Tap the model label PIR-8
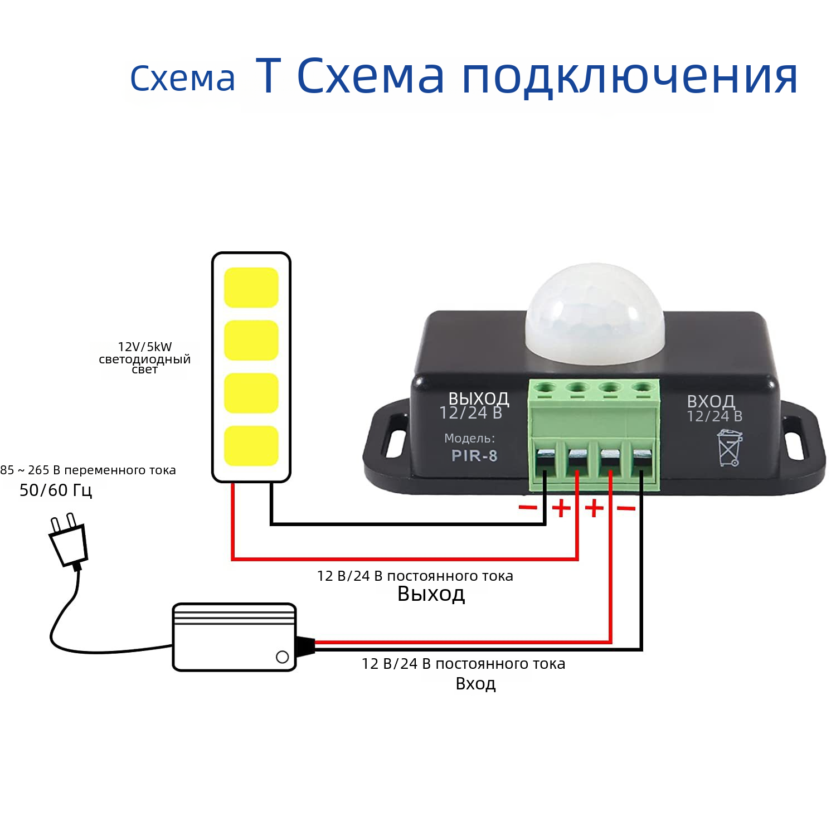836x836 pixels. [474, 456]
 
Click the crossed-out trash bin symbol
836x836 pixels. [730, 448]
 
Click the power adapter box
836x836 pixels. [234, 637]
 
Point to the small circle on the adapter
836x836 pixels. [283, 657]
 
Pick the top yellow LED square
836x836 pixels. [251, 288]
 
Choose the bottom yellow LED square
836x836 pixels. [251, 446]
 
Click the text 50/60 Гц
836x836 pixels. [56, 490]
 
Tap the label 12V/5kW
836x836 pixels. [145, 347]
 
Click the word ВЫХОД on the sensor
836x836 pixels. [479, 399]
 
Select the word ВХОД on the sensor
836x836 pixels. [711, 401]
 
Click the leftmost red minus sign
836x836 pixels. [528, 507]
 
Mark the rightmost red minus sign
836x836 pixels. [626, 508]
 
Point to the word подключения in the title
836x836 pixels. [630, 76]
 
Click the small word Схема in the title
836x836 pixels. [183, 79]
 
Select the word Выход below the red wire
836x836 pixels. [431, 594]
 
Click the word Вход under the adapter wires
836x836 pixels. [476, 683]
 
